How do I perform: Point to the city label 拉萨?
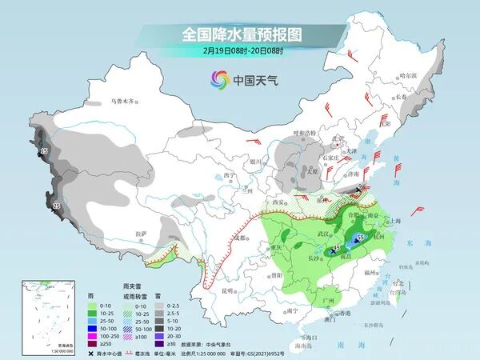[x=142, y=233]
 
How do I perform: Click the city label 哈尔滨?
[x=408, y=75]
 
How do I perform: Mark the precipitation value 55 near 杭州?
[x=362, y=238]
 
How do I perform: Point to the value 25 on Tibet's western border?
[x=56, y=207]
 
